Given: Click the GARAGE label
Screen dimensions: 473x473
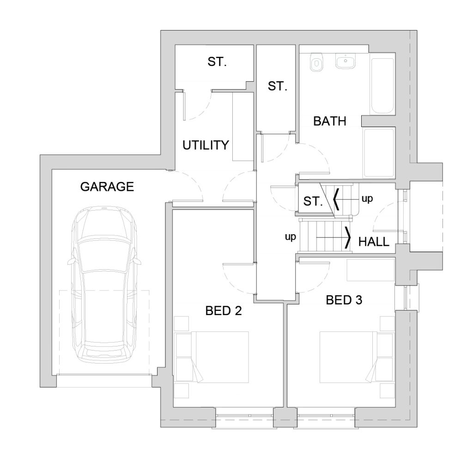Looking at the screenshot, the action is [x=107, y=187].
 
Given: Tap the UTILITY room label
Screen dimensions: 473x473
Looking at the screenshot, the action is [x=206, y=146].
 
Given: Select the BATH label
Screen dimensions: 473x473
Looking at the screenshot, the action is [x=329, y=121].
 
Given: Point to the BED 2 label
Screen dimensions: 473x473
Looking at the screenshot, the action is [x=224, y=311].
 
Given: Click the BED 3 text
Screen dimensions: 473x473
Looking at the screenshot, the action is [x=344, y=300].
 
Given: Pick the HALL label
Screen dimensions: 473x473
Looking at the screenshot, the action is [x=374, y=242].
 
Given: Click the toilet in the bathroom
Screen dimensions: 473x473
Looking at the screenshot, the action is [x=316, y=62].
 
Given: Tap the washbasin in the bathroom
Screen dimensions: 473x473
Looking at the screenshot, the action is [x=346, y=61].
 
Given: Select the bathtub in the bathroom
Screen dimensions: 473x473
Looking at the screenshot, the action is [x=382, y=85].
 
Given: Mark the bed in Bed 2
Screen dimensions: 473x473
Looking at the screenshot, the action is [x=220, y=357].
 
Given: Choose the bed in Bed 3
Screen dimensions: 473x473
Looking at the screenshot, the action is [x=348, y=357].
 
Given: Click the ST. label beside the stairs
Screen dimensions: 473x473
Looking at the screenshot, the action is [x=313, y=201].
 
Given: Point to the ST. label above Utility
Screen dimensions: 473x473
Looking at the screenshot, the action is [x=217, y=62].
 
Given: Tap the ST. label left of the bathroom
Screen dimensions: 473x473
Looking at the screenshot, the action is [x=277, y=86].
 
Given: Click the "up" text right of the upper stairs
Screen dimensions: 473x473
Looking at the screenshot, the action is [x=367, y=199].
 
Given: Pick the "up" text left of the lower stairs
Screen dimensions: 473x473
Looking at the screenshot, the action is [x=291, y=237].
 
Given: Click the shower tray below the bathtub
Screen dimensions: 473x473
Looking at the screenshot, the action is [x=379, y=152].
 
